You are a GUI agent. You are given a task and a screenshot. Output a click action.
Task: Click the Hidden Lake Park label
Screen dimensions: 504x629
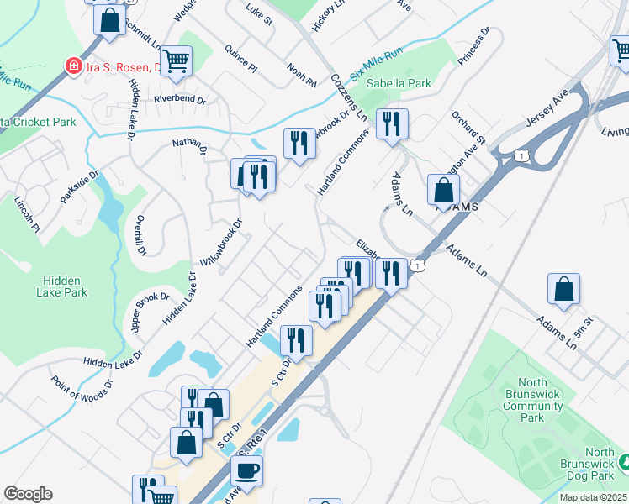[x=62, y=286]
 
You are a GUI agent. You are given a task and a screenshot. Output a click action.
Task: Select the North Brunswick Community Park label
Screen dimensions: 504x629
[x=533, y=400]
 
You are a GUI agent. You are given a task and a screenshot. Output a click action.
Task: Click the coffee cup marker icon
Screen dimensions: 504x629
[x=246, y=469]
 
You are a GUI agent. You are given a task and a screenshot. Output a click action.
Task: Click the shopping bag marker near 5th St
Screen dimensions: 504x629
[x=563, y=288]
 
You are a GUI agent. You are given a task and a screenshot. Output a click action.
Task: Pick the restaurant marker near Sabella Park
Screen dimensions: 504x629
[x=392, y=125]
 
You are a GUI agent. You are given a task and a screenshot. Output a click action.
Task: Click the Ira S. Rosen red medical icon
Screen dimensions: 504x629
[x=74, y=66]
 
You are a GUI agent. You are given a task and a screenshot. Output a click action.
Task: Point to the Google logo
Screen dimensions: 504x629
[x=28, y=494]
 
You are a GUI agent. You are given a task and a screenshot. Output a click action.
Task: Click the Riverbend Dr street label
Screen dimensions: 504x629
[x=179, y=99]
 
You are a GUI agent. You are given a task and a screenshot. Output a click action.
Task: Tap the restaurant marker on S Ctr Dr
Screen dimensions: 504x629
[x=295, y=339]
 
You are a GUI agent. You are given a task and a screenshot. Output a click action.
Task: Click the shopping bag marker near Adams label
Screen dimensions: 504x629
[x=443, y=190]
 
